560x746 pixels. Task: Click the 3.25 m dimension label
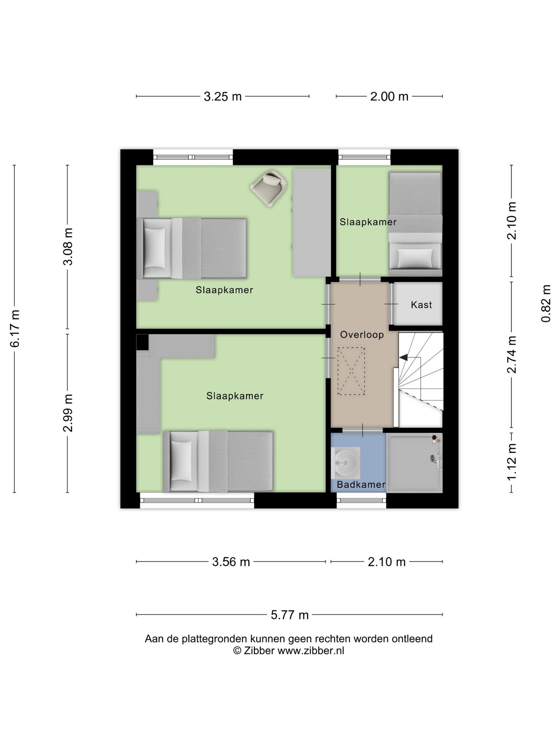pyautogui.click(x=222, y=97)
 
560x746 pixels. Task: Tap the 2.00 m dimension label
pyautogui.click(x=389, y=97)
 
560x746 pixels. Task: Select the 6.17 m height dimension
pyautogui.click(x=15, y=329)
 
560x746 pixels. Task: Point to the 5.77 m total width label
pyautogui.click(x=289, y=615)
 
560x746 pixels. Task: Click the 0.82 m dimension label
pyautogui.click(x=546, y=303)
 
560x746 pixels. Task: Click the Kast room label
pyautogui.click(x=421, y=305)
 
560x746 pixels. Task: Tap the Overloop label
pyautogui.click(x=362, y=335)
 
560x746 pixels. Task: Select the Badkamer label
pyautogui.click(x=361, y=484)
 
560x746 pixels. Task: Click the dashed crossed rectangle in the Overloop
pyautogui.click(x=351, y=371)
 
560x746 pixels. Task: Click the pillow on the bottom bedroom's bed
pyautogui.click(x=181, y=461)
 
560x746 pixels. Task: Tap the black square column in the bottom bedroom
pyautogui.click(x=142, y=342)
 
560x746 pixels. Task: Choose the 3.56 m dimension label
pyautogui.click(x=231, y=562)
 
